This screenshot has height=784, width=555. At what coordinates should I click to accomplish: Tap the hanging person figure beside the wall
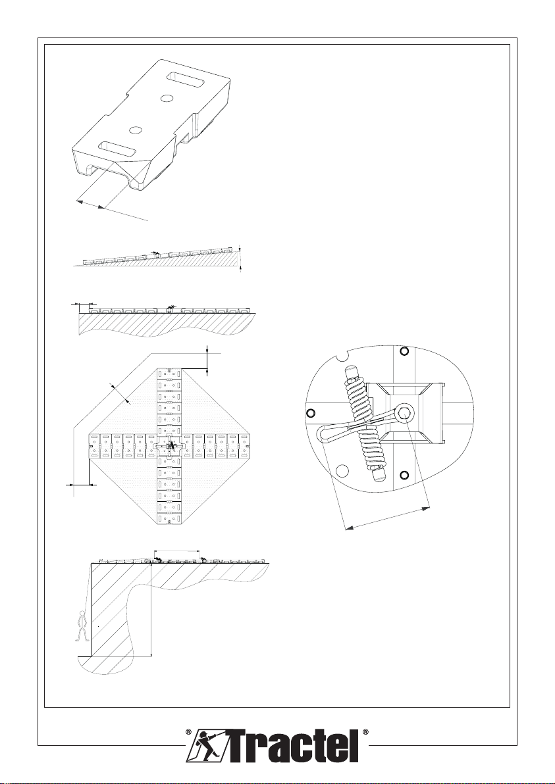[x=82, y=625]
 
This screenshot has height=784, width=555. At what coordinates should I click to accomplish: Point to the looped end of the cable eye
[x=328, y=435]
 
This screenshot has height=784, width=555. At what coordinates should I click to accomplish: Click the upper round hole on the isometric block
[x=167, y=98]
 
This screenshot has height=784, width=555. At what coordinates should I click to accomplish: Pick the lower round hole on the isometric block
[x=136, y=128]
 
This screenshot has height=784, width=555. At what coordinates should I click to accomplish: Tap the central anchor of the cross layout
[x=170, y=445]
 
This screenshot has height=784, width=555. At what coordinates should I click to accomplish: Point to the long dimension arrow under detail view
[x=388, y=517]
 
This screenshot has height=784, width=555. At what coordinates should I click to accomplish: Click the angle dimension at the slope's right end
[x=241, y=258]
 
